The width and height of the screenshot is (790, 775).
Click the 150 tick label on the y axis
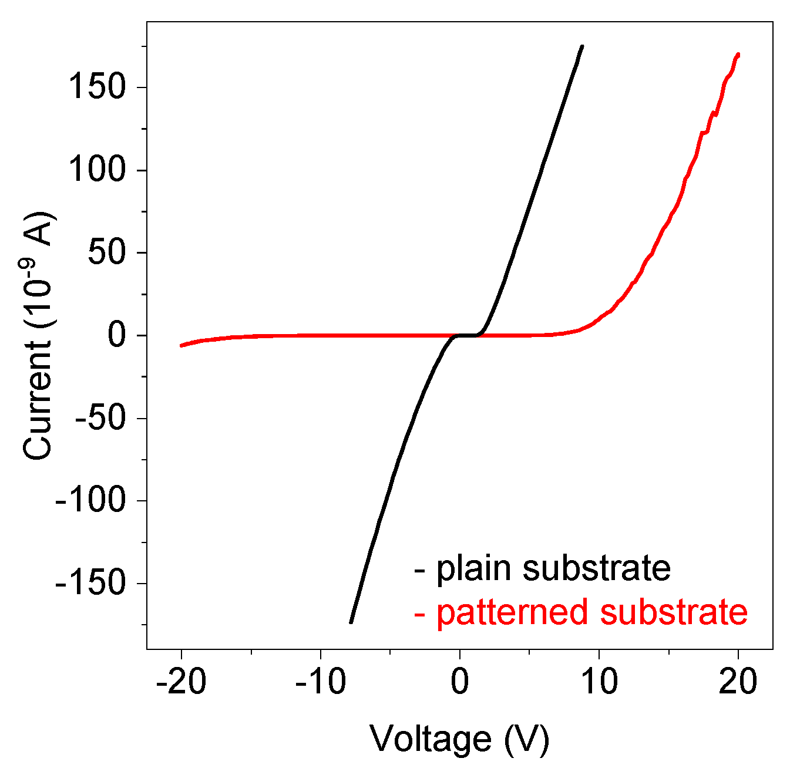coord(97,88)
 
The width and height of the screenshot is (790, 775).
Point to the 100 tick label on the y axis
coord(97,171)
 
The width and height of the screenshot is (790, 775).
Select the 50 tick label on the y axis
coord(106,253)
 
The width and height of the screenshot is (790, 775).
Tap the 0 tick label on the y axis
coord(116,336)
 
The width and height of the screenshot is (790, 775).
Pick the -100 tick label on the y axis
coord(90,501)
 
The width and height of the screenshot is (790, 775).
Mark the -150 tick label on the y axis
coord(90,584)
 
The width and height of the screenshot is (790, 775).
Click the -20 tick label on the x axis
coord(181,682)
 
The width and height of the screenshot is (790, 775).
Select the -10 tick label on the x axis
coord(320,682)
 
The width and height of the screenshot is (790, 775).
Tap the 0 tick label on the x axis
coord(460,682)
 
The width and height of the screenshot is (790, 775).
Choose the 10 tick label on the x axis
coord(599,682)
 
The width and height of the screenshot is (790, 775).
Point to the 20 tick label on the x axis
coord(738,682)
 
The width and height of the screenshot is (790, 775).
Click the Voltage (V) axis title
coord(459,738)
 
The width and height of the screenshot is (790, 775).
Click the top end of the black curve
coord(581,46)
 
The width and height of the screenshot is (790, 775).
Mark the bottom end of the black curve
coord(351,622)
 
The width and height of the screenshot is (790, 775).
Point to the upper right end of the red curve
coord(738,55)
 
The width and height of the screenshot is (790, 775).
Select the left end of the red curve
coord(181,345)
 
